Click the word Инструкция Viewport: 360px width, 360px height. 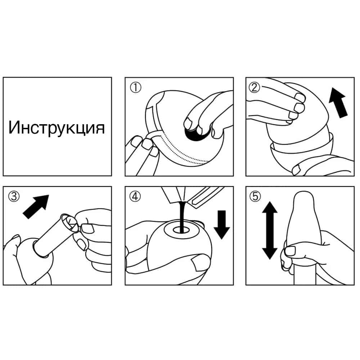point(57,128)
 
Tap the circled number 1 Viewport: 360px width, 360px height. point(136,87)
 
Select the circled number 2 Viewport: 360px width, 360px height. point(255,87)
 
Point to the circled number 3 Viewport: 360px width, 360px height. point(14,197)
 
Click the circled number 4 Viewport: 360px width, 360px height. point(135,197)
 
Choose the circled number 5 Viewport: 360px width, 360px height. point(255,197)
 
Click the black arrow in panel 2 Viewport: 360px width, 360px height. point(338,103)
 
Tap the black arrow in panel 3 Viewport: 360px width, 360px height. point(36,207)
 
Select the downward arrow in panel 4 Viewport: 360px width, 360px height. point(222,225)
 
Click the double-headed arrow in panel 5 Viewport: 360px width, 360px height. point(270,230)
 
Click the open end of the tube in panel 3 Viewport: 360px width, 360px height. point(69,222)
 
